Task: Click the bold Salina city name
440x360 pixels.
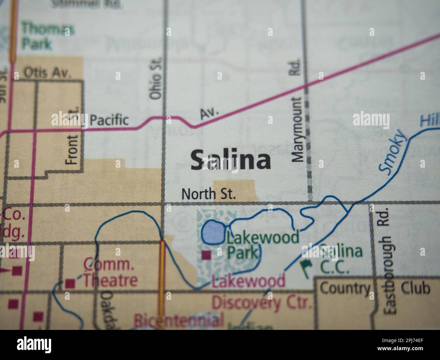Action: click(x=230, y=160)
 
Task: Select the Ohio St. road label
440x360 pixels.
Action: click(x=156, y=77)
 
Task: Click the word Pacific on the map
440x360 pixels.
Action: click(x=110, y=120)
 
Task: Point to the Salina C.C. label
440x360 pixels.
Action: click(x=340, y=259)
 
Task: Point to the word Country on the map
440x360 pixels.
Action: click(x=345, y=289)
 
